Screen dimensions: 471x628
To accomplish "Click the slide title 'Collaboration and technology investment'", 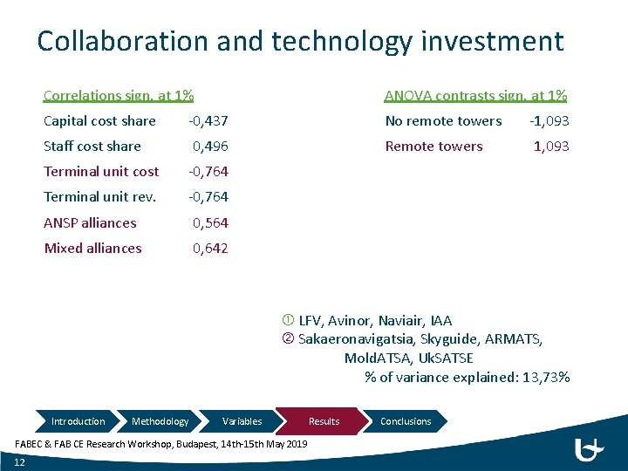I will [x=300, y=41].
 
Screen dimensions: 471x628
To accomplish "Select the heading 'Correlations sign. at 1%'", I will [x=119, y=95].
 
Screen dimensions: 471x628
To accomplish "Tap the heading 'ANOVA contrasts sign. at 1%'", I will [x=475, y=95].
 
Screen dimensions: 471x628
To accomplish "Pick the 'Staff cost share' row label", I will [x=92, y=147].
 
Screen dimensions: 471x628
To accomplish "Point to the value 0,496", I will [x=210, y=147].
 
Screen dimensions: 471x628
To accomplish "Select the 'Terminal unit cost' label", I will [x=101, y=172].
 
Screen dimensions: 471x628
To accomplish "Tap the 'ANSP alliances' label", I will [x=91, y=222].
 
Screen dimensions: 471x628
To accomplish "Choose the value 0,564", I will [x=210, y=222].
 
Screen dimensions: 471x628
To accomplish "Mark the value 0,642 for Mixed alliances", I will [x=210, y=248].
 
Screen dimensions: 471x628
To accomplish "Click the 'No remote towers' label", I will [x=443, y=121].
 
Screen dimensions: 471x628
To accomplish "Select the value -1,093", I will [x=549, y=121].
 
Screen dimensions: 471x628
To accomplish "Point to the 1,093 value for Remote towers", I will [x=551, y=147].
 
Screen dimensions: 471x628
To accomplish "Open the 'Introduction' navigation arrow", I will [x=78, y=421].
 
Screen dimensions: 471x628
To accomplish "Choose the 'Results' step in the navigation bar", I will [x=324, y=421].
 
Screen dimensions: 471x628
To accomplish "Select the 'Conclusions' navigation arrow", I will [x=406, y=421].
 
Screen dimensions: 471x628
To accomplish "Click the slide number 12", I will [x=19, y=461].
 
